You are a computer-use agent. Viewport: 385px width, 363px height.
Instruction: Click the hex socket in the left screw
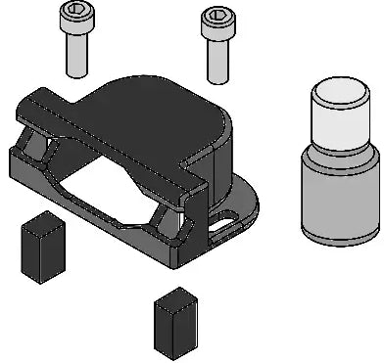(74, 11)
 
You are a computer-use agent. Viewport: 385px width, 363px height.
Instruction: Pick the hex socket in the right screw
(216, 15)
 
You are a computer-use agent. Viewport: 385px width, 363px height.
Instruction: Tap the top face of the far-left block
(42, 225)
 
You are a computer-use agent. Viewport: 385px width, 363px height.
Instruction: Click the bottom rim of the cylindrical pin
(340, 239)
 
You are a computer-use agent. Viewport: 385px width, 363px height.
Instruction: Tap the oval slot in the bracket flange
(226, 226)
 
